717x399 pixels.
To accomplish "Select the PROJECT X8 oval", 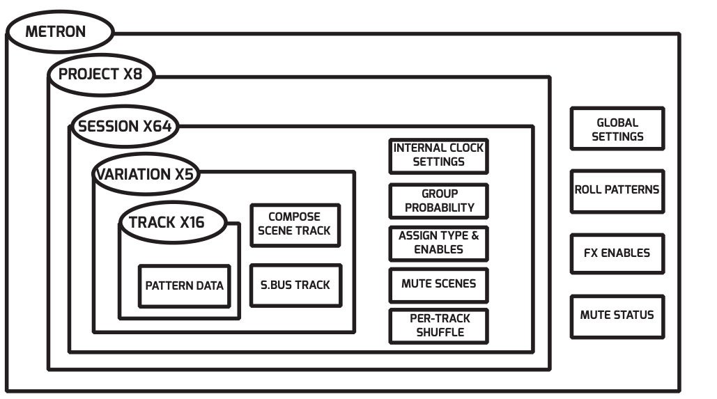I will pyautogui.click(x=101, y=75).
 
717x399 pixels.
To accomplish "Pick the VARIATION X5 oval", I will pyautogui.click(x=145, y=174).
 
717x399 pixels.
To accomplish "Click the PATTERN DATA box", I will pyautogui.click(x=185, y=285).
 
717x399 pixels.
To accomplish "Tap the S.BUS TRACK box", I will pyautogui.click(x=295, y=285).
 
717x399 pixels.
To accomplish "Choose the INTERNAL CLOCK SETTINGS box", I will pyautogui.click(x=438, y=155).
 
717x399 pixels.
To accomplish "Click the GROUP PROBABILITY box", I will pyautogui.click(x=438, y=201).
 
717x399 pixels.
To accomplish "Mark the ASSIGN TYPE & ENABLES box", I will pyautogui.click(x=438, y=242).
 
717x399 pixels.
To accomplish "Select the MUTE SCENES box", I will pyautogui.click(x=438, y=284).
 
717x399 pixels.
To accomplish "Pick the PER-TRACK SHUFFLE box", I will pyautogui.click(x=438, y=325).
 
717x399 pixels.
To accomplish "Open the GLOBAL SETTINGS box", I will pyautogui.click(x=617, y=130).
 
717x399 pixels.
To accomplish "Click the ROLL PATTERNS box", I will pyautogui.click(x=617, y=189).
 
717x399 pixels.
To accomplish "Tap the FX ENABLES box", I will pyautogui.click(x=617, y=253).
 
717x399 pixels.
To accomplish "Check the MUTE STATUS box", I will pyautogui.click(x=617, y=315).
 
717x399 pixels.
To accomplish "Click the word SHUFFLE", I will pyautogui.click(x=439, y=332).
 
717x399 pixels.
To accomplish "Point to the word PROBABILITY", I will pyautogui.click(x=439, y=208).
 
